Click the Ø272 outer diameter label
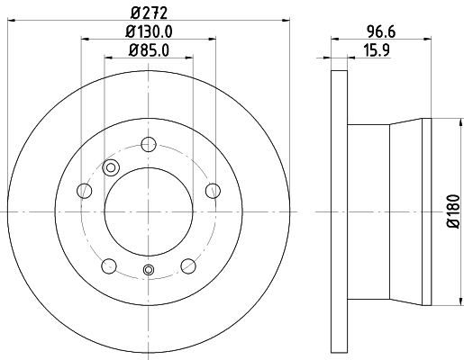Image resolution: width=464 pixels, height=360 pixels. (149, 12)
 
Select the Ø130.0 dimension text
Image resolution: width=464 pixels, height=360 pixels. (149, 31)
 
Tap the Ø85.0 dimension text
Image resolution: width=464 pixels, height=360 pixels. (149, 49)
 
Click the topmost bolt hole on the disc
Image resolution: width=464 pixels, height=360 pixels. (150, 143)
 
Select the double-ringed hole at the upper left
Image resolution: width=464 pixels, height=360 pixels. (112, 166)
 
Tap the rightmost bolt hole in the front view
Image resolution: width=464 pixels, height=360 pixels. (214, 190)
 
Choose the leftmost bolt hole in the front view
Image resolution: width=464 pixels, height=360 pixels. (85, 190)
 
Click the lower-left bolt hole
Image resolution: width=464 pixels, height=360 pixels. (110, 265)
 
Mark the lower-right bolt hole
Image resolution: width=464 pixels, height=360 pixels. (188, 265)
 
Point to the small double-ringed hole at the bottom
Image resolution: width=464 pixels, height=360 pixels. (150, 271)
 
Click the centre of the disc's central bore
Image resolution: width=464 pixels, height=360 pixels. (150, 211)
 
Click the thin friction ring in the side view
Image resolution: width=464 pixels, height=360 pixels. (339, 211)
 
